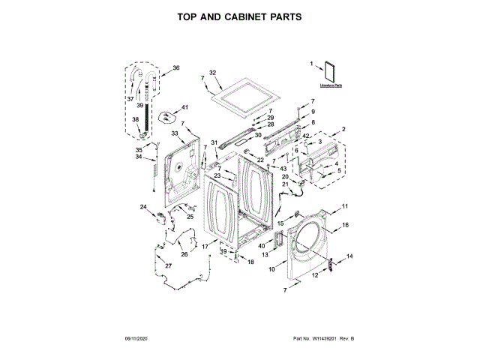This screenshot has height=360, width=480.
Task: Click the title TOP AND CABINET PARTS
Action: coord(240,16)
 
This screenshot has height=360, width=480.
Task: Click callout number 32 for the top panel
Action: coord(212,73)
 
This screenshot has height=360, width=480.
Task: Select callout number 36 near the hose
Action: coord(176,68)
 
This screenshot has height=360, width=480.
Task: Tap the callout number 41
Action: coord(185,108)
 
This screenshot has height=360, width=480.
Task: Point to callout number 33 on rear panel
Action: coord(174,133)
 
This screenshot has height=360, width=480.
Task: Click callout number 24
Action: coord(143,206)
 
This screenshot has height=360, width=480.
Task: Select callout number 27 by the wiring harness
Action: coord(169,266)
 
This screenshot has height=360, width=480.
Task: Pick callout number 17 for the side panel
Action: coord(204,246)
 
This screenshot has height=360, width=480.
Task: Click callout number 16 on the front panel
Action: coord(346,225)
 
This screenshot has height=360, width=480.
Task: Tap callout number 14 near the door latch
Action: coord(349,256)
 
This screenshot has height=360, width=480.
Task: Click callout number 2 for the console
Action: coord(344,130)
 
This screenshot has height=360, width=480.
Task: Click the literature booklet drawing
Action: coord(326,73)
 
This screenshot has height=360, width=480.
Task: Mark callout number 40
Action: coord(262,245)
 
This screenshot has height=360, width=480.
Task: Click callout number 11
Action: coord(346,206)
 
